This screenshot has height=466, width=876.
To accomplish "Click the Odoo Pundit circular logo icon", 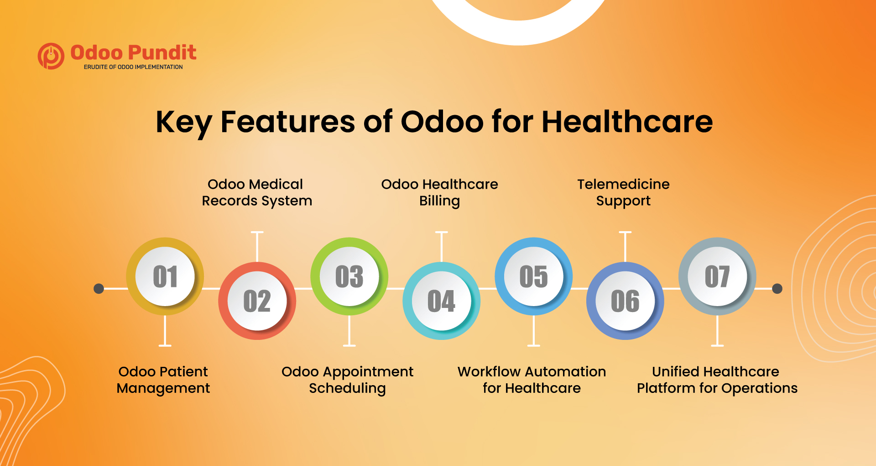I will click(51, 56).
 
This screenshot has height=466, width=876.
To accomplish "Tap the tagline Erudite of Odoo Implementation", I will click(133, 67).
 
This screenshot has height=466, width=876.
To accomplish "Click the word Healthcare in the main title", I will click(627, 122).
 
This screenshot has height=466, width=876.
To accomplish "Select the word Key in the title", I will click(184, 122).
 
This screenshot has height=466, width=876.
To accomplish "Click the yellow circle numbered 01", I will click(165, 276).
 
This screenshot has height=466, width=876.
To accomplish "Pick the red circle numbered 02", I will click(257, 301).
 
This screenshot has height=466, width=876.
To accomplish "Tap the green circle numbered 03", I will click(349, 276).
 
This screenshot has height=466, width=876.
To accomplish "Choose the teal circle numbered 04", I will click(441, 301).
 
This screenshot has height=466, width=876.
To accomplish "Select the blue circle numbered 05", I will click(534, 276).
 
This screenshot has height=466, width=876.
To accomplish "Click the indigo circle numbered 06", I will click(625, 301).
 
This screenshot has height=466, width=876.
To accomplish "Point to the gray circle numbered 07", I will click(717, 276).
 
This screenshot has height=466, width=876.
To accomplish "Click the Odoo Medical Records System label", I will click(256, 192).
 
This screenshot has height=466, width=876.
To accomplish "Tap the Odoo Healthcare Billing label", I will click(439, 192).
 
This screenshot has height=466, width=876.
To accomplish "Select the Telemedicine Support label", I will click(623, 192).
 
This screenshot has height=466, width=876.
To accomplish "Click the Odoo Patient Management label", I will click(163, 380).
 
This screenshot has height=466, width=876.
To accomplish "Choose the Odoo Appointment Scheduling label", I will click(347, 380).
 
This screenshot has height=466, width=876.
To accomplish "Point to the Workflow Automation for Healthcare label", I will click(532, 380).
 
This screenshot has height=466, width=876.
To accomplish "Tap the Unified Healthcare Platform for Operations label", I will click(717, 380).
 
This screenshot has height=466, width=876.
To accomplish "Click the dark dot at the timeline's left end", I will click(99, 289).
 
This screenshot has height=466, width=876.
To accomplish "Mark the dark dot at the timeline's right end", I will click(777, 289).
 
